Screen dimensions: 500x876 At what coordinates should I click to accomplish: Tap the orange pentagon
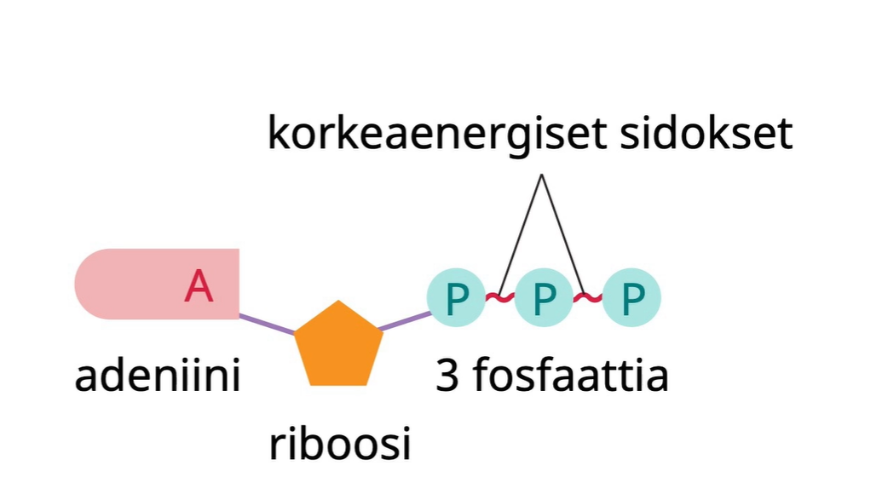pos(338,346)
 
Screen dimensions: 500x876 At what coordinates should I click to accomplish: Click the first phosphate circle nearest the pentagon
pos(457,297)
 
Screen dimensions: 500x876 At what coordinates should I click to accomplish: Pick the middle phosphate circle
pos(544,297)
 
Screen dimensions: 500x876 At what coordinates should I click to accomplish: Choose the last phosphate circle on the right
pos(631,297)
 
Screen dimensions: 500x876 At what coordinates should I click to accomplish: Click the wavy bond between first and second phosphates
pos(500,297)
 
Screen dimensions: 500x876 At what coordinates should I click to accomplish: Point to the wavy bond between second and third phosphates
pos(588,297)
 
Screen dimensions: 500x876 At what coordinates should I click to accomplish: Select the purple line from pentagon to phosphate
pos(406,321)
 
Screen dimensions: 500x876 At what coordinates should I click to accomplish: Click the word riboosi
pos(339,444)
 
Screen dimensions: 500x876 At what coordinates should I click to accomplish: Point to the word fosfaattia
pos(570,376)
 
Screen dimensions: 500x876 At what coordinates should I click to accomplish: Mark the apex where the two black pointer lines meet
pos(541,175)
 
